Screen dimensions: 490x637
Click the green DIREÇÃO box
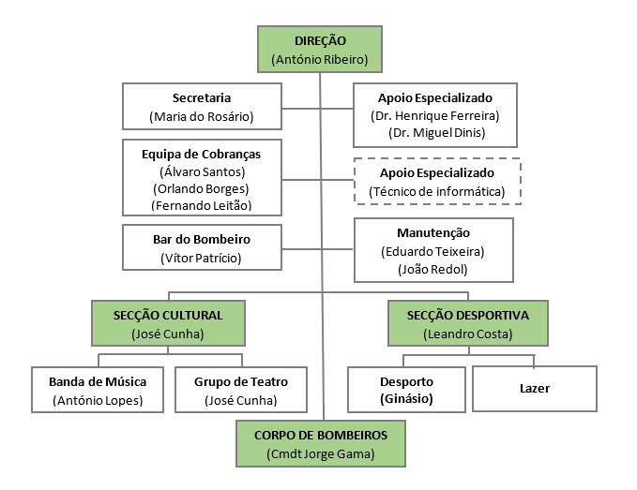coord(319,49)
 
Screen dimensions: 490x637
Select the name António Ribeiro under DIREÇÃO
coord(319,59)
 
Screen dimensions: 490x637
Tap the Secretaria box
coord(202,107)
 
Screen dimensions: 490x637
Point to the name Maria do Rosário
coord(202,117)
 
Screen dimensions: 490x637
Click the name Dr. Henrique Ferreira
coord(434,115)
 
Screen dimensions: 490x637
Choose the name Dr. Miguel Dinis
coord(434,132)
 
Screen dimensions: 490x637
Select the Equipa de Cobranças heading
coord(203,154)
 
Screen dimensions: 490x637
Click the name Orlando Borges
coord(203,188)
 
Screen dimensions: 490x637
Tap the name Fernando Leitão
coord(203,205)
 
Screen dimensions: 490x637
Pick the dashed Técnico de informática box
coord(436,182)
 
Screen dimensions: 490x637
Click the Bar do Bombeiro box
coord(202,247)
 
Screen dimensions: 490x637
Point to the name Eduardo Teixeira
coord(433,251)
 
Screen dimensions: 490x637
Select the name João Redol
coord(433,269)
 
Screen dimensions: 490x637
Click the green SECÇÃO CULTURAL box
coord(169,323)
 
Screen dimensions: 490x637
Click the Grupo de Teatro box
coord(241,390)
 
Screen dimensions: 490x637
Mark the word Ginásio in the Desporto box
coord(406,400)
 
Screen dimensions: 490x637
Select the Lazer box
coord(534,388)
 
